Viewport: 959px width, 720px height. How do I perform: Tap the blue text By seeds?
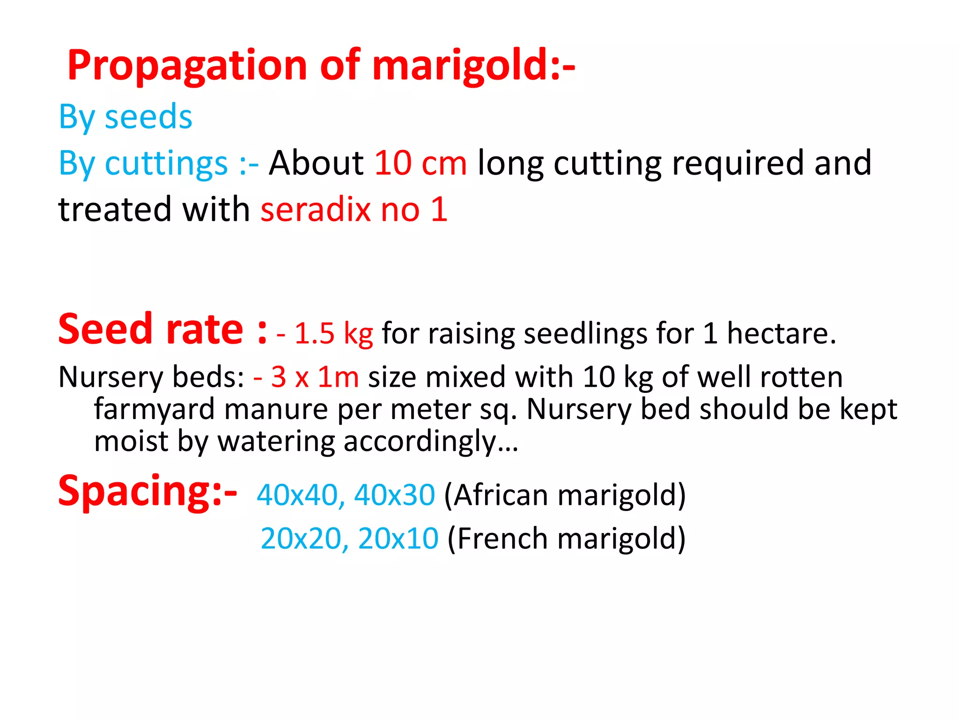point(125,117)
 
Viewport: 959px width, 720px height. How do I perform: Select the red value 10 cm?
point(420,163)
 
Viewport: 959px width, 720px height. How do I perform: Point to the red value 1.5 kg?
point(333,334)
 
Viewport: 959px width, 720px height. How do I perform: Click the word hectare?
point(781,334)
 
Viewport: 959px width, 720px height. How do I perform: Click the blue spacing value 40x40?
point(297,495)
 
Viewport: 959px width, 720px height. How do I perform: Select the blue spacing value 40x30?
point(395,495)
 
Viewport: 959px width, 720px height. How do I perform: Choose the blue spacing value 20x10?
point(398,538)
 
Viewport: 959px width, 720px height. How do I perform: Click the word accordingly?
point(420,442)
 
